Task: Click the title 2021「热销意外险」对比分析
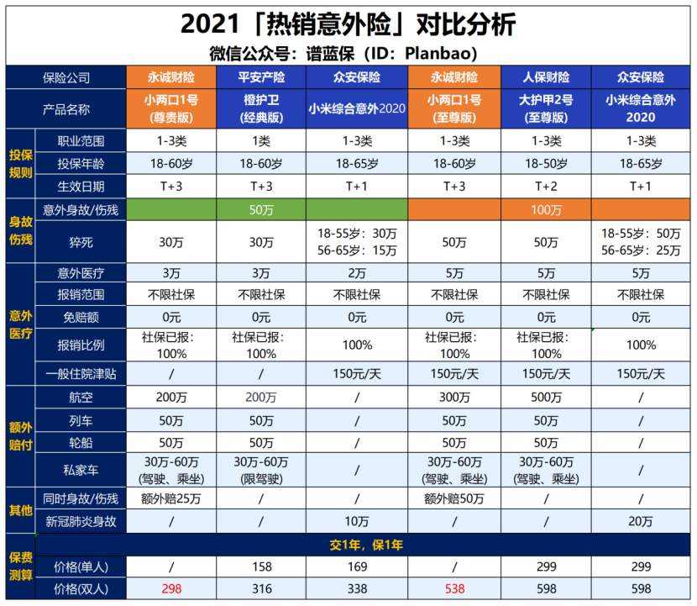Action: click(x=348, y=24)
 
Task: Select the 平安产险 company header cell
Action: click(x=261, y=77)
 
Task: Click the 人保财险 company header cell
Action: click(x=546, y=77)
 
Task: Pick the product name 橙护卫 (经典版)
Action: click(x=261, y=108)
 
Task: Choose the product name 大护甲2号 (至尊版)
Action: click(x=546, y=108)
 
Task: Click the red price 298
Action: click(x=171, y=588)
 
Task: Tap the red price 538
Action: click(x=454, y=588)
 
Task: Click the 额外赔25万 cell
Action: click(x=171, y=499)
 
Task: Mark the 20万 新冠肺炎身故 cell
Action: click(x=641, y=521)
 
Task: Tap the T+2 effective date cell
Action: click(x=546, y=186)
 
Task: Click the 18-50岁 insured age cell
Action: click(x=546, y=163)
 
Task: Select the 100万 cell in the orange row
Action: click(x=546, y=209)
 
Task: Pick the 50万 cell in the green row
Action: click(x=261, y=209)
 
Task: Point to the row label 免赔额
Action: click(x=80, y=318)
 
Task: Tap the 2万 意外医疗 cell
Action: click(x=358, y=272)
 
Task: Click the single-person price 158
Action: click(x=261, y=566)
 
